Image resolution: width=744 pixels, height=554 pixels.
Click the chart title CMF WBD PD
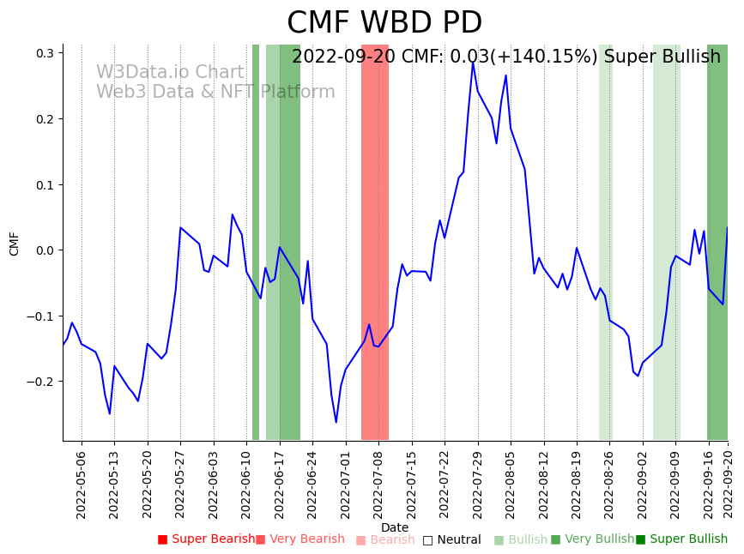[x=384, y=23]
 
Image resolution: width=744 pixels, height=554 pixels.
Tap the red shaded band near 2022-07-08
[x=375, y=240]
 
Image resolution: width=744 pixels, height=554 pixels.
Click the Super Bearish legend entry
[x=206, y=539]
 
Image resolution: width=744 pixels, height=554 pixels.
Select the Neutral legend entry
[x=451, y=539]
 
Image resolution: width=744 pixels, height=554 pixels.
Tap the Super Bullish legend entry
[x=681, y=539]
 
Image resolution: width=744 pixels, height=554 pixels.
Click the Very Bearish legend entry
[x=300, y=539]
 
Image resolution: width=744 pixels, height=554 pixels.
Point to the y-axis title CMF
[x=15, y=243]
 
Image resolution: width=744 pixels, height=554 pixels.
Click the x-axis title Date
[x=395, y=527]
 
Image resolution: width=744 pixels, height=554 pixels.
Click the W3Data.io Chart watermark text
[x=170, y=73]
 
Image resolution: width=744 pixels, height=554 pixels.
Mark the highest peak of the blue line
[x=473, y=62]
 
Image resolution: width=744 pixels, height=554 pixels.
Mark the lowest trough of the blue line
[x=336, y=422]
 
